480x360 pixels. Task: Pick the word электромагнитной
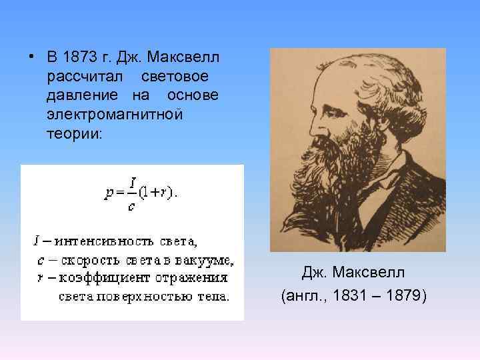tap(114, 114)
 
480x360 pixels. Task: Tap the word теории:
tap(75, 133)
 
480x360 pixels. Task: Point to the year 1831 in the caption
tap(345, 295)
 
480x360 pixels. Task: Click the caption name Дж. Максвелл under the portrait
tap(353, 273)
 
